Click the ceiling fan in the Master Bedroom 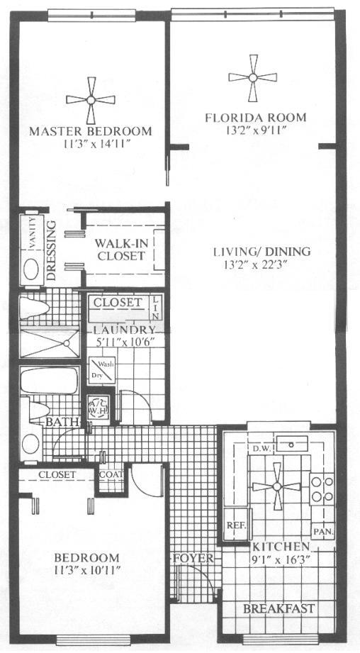91,100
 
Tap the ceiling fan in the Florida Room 253,79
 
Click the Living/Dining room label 262,252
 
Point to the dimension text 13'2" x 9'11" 255,130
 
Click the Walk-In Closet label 121,249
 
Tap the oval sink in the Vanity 31,268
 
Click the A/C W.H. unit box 96,407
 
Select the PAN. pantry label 323,530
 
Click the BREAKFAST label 279,608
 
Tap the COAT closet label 111,475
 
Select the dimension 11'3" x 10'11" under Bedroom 89,570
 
